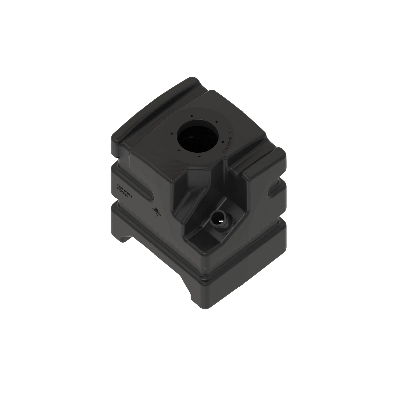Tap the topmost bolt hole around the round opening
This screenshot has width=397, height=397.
pos(192,115)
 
